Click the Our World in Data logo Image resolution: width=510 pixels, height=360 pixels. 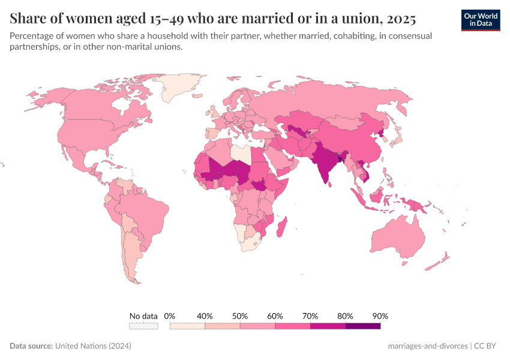pyautogui.click(x=480, y=20)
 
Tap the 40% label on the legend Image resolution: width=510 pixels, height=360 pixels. pyautogui.click(x=205, y=316)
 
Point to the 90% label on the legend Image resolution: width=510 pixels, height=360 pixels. pyautogui.click(x=380, y=316)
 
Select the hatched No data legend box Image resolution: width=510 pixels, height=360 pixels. pyautogui.click(x=143, y=326)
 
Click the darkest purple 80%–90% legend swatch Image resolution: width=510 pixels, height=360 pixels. pyautogui.click(x=363, y=326)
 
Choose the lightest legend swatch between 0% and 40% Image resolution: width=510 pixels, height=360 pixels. pyautogui.click(x=187, y=326)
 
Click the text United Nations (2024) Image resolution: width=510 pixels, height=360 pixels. pyautogui.click(x=93, y=346)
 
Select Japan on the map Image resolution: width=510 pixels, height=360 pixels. pyautogui.click(x=397, y=140)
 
